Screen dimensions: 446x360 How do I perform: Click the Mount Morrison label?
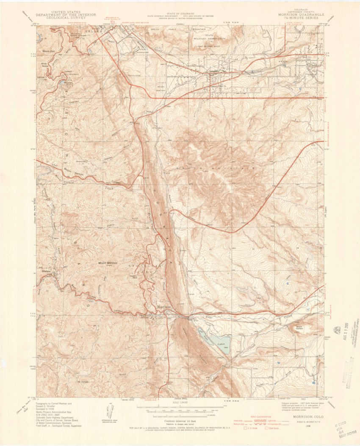pos(108,263)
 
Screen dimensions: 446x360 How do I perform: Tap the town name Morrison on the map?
pos(163,307)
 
